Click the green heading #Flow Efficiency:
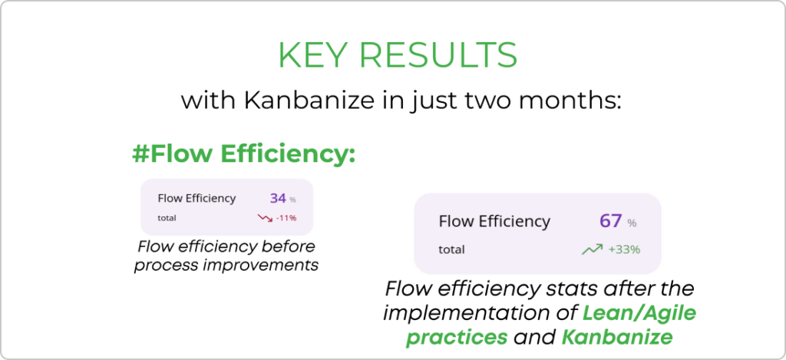(243, 154)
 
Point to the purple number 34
(278, 198)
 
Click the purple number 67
(610, 220)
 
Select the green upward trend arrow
(592, 249)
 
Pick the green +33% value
(624, 249)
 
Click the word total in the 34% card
(167, 217)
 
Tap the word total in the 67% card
(451, 249)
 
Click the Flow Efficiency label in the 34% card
(196, 198)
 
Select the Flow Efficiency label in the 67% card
(494, 221)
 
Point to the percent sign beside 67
(632, 223)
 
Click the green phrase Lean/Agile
(639, 314)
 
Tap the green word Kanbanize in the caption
(617, 337)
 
